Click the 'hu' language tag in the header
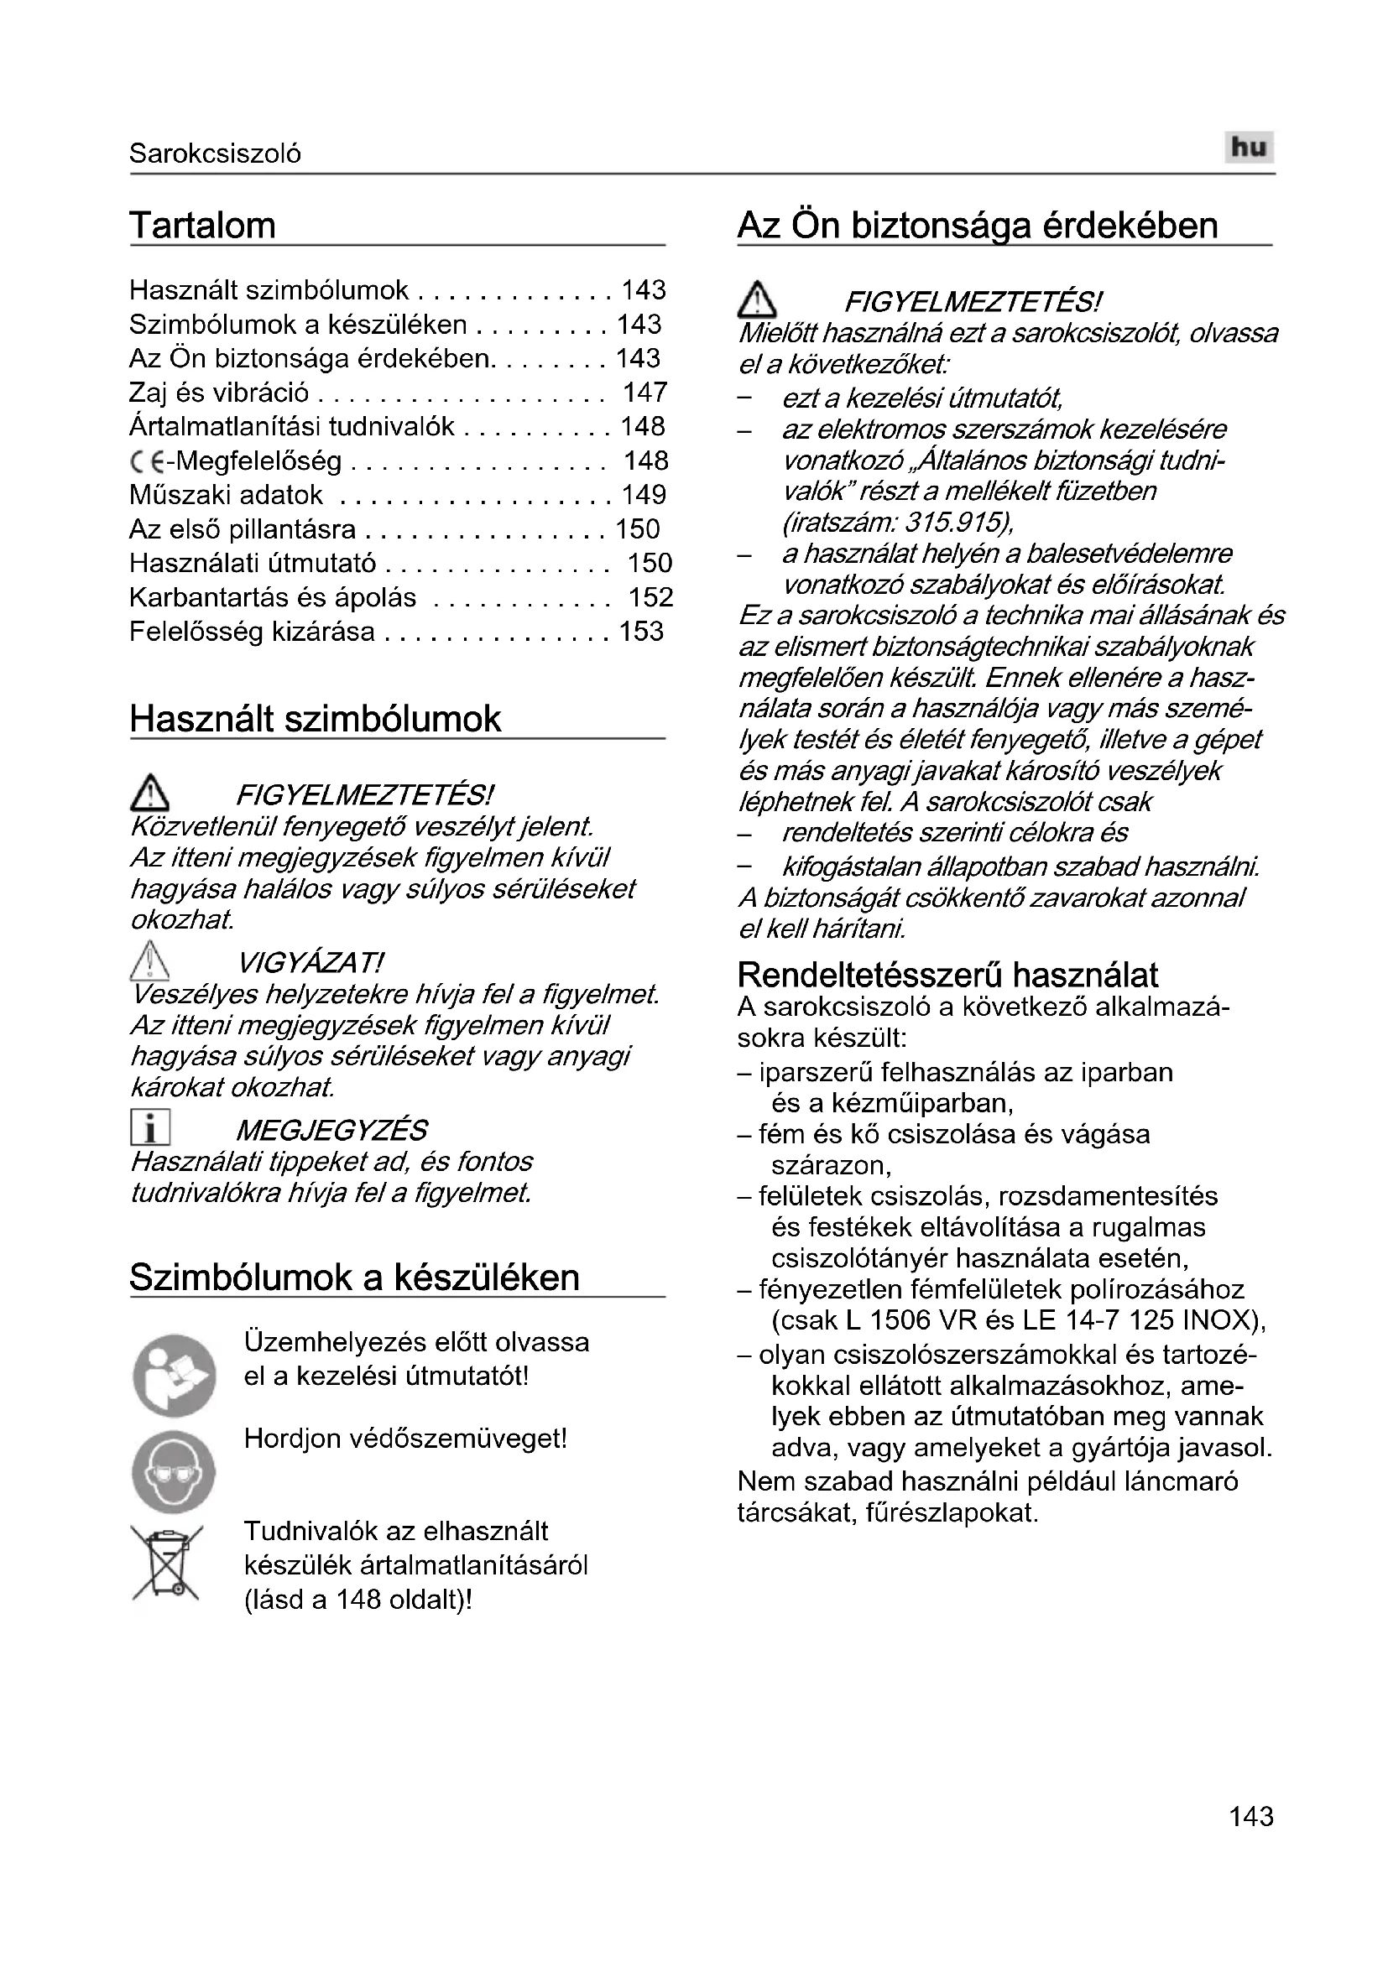(1249, 148)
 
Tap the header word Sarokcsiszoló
(215, 154)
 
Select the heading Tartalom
(202, 226)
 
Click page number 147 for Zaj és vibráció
(644, 393)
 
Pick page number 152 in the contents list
(650, 597)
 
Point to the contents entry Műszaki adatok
(227, 495)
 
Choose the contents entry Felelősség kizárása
(252, 632)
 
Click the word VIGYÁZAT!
(310, 964)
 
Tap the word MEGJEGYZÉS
(331, 1131)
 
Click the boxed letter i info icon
(150, 1128)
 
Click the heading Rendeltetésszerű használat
(947, 975)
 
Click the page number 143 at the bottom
(1250, 1840)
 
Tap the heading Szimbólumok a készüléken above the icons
(354, 1278)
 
